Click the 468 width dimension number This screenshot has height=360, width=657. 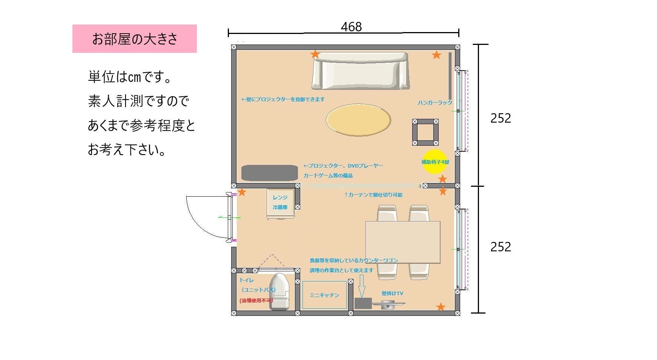351,27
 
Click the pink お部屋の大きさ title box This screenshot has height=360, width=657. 134,38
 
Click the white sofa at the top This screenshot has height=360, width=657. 361,71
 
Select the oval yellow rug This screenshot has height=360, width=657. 358,120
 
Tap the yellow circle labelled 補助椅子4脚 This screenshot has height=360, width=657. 434,162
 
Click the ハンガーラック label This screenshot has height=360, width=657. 434,103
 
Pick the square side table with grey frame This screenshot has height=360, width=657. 425,132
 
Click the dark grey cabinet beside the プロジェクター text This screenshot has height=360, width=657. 269,173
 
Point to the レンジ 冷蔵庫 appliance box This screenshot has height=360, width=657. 280,203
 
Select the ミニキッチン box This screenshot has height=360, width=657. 324,295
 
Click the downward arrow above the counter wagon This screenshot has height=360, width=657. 362,286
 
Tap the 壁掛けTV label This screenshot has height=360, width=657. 392,293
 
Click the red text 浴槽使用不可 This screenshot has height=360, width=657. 256,301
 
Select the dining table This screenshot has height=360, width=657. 402,242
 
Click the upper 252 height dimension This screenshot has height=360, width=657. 500,118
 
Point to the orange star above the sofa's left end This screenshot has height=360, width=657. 315,54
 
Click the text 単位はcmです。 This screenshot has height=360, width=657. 130,77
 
